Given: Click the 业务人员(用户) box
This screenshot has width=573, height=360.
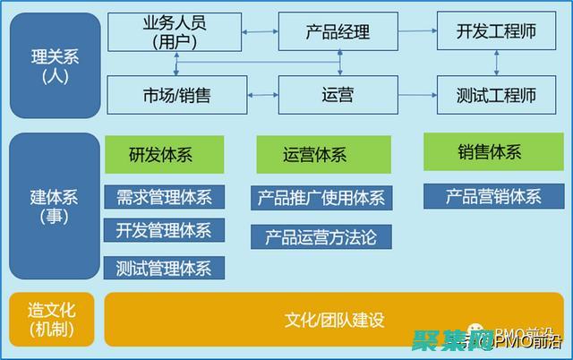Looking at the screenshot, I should click(x=174, y=31).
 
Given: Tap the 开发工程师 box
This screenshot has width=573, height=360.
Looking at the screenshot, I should click(x=496, y=31).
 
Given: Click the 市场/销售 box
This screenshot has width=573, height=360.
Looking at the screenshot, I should click(x=176, y=95).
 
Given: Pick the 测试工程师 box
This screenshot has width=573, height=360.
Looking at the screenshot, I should click(x=496, y=95).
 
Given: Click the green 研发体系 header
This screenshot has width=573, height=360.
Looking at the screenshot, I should click(x=164, y=155).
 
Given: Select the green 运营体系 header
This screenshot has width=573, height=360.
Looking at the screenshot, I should click(x=323, y=155).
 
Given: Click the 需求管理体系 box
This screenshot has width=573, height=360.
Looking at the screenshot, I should click(x=164, y=197).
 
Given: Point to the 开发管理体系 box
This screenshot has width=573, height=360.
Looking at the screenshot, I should click(x=164, y=230).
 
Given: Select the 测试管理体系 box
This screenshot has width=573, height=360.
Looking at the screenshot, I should click(x=164, y=266).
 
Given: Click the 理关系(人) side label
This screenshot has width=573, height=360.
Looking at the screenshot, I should click(x=55, y=65).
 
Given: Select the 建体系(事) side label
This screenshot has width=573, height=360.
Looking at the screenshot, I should click(x=55, y=205).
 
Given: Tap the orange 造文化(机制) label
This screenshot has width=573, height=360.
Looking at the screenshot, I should click(x=51, y=320).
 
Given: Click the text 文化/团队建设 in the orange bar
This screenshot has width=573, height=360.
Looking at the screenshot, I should click(x=334, y=320).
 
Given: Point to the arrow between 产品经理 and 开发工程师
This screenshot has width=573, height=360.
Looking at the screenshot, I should click(x=415, y=32).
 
